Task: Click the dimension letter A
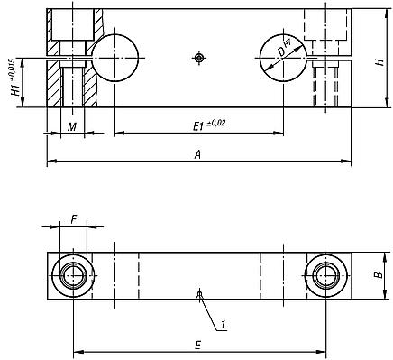197,154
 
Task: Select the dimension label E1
199,126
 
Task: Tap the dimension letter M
72,127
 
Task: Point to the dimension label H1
16,89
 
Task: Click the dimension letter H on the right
380,62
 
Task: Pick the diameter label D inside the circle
280,52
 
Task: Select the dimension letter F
73,220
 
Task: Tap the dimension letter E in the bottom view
197,346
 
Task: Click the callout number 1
223,325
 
